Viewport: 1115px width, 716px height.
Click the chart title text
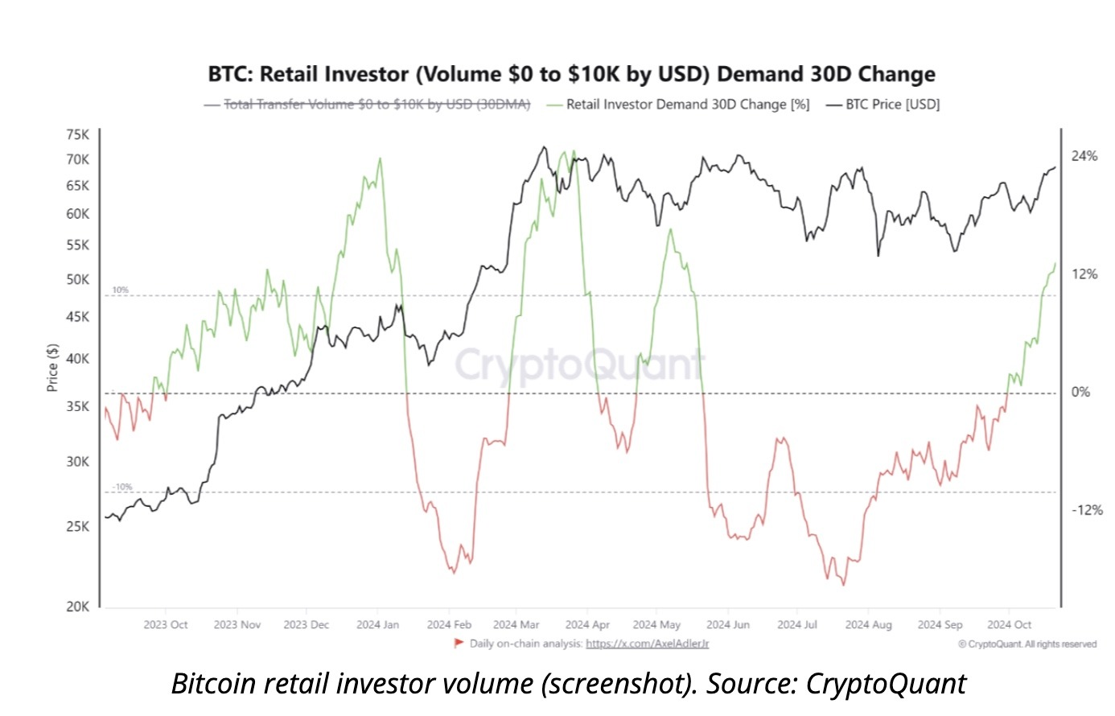571,74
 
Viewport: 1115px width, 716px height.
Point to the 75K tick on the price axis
78,134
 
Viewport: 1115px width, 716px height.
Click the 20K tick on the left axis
78,607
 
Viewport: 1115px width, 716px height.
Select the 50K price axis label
78,280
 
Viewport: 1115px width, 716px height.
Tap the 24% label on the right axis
1084,156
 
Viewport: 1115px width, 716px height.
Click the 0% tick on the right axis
1080,393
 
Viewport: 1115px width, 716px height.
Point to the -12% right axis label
1086,510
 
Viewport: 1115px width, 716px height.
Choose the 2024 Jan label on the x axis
377,625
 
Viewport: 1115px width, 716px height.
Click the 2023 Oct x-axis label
166,625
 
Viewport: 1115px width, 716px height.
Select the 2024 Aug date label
868,625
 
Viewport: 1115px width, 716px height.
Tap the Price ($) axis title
52,368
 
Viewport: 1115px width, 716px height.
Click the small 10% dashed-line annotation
120,290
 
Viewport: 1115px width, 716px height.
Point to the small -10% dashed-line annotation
122,488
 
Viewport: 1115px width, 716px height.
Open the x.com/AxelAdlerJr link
647,644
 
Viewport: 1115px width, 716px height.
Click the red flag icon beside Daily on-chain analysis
459,643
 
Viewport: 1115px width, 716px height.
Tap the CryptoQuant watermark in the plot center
579,364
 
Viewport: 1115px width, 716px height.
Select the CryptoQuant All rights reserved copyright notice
1027,644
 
